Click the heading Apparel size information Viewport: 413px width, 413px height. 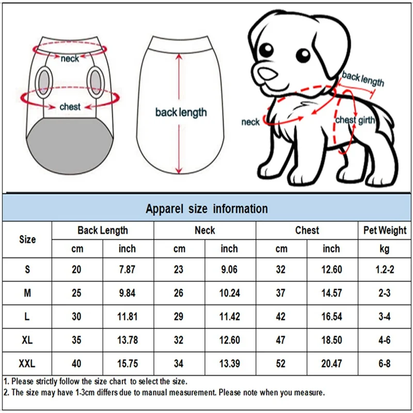(206, 209)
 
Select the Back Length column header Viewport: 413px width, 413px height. (103, 230)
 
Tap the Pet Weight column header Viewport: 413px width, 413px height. (385, 230)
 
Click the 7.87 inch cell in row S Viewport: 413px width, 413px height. (128, 269)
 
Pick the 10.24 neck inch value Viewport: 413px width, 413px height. (230, 293)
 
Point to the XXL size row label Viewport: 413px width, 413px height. (27, 364)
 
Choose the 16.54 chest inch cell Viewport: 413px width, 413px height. (331, 316)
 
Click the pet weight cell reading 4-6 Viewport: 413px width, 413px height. (385, 340)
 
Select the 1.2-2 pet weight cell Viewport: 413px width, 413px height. (385, 269)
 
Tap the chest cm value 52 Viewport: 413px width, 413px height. (281, 364)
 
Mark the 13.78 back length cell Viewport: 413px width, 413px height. (128, 340)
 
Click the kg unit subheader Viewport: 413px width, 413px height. (385, 249)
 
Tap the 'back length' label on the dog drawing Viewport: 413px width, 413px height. (363, 79)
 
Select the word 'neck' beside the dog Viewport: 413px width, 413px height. (250, 122)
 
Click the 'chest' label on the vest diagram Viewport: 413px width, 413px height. (70, 107)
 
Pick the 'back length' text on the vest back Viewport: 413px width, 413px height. (181, 112)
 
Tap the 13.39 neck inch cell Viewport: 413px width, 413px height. (230, 364)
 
